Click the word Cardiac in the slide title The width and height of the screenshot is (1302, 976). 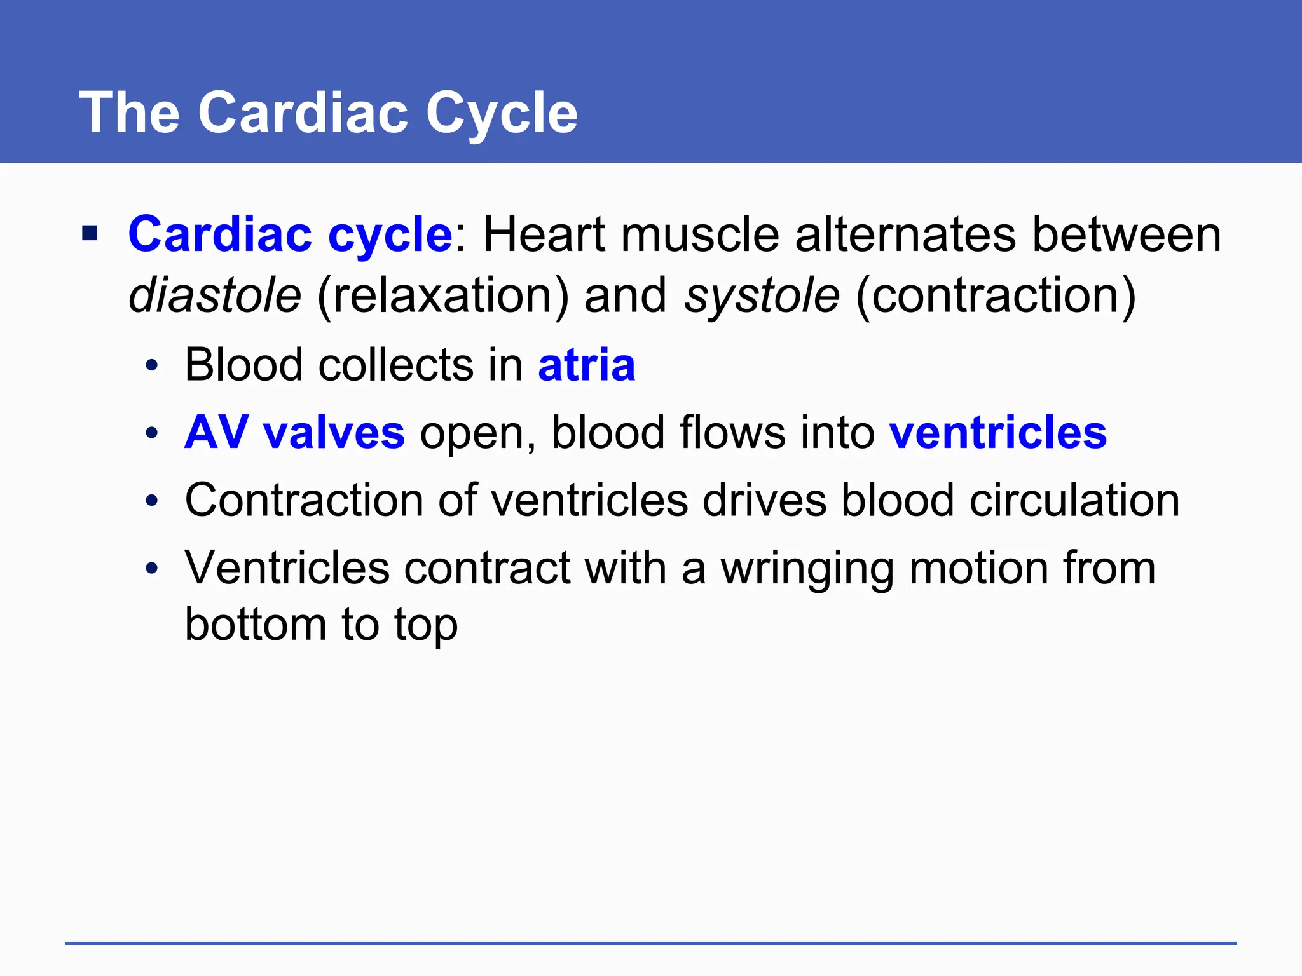(x=302, y=112)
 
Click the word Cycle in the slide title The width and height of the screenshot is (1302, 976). (x=502, y=112)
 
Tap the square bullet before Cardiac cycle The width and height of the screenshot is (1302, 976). (x=90, y=233)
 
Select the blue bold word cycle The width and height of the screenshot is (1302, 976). (x=390, y=234)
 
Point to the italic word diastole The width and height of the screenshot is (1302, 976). (x=215, y=295)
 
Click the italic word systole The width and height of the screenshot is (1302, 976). (x=762, y=295)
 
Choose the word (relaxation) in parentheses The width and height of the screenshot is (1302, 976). (x=443, y=295)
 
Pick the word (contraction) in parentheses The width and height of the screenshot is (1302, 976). (x=996, y=295)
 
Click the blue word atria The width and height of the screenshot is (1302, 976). (x=586, y=365)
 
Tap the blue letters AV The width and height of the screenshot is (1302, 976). (x=216, y=433)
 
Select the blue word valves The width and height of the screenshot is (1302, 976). (x=334, y=433)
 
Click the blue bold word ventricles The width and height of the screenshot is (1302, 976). (x=997, y=433)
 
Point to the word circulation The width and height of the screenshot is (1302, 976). (x=1074, y=500)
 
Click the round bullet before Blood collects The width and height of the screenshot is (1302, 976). (x=151, y=367)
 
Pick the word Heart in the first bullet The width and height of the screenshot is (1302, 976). (x=544, y=234)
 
